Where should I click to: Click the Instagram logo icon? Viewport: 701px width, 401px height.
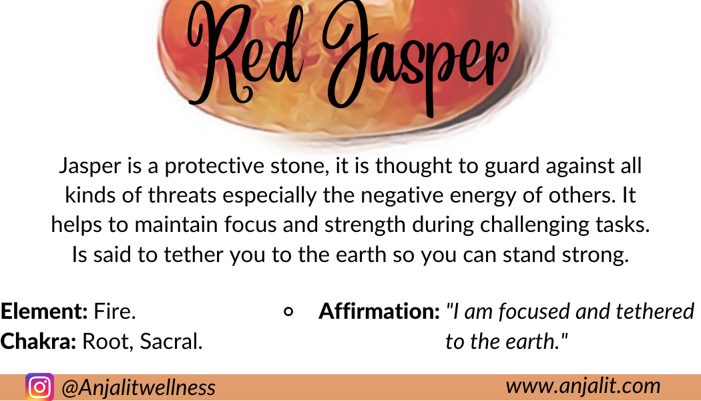39,387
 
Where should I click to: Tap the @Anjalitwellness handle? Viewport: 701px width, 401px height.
138,388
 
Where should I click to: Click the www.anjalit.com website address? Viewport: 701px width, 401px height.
583,386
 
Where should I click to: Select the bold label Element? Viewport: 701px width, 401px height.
44,311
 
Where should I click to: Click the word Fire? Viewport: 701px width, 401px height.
114,311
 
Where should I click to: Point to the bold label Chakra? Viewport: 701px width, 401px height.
38,341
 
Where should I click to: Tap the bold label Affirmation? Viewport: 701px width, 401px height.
379,311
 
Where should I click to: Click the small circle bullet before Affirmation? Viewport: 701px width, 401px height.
289,311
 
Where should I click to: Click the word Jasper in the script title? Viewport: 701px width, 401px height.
416,59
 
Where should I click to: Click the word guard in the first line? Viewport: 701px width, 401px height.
512,166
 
